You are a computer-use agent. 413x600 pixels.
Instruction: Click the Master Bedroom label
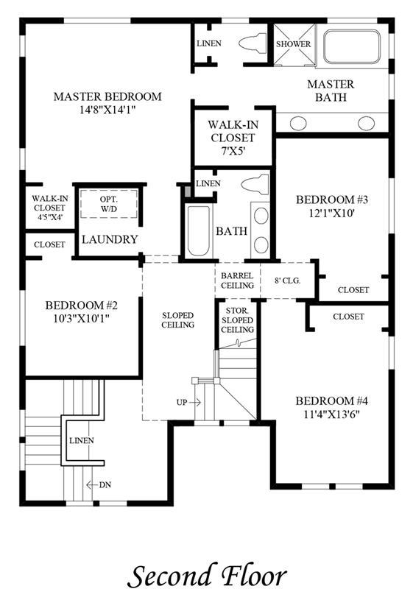point(107,96)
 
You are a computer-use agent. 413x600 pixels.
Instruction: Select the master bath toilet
point(253,43)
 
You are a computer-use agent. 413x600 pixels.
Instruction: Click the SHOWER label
point(293,44)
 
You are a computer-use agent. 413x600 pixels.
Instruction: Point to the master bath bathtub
point(352,46)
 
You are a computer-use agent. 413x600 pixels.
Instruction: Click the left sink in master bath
point(298,123)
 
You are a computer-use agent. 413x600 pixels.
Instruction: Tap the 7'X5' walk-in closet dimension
point(233,151)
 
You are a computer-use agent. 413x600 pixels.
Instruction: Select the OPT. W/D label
point(109,204)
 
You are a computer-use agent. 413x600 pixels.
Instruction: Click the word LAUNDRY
point(110,239)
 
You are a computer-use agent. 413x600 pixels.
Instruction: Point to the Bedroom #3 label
point(332,200)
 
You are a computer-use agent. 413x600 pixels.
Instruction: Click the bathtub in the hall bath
point(199,231)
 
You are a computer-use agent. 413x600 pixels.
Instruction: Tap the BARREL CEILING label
point(237,280)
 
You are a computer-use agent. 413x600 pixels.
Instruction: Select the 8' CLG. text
point(287,280)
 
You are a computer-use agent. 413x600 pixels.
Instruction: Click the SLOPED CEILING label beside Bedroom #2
point(178,320)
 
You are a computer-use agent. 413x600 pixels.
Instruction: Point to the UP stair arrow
point(195,402)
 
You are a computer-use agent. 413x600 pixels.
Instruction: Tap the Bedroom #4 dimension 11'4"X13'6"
point(332,414)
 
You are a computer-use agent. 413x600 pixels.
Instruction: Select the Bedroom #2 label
point(82,306)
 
